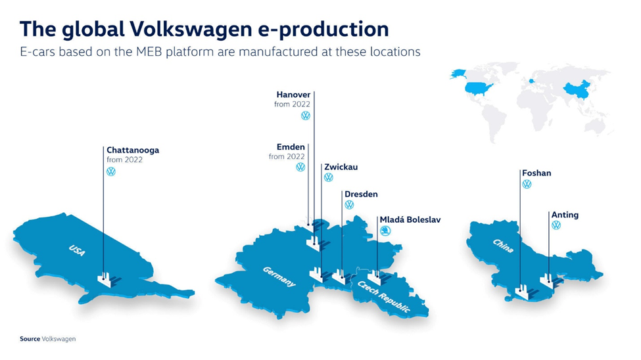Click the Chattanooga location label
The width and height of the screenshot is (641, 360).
tap(133, 150)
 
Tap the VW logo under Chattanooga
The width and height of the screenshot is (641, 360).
tap(111, 171)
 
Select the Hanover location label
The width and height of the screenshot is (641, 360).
tap(293, 95)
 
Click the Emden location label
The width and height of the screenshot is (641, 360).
tap(291, 146)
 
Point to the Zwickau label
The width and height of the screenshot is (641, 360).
tap(341, 167)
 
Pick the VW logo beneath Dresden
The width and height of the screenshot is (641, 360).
tap(349, 205)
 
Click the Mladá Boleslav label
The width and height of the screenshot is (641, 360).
tap(410, 219)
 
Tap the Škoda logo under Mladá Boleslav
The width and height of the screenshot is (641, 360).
tap(385, 231)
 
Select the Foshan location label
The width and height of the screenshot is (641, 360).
tap(536, 173)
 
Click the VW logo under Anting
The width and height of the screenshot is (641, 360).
tap(556, 225)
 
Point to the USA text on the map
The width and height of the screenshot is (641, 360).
tap(77, 250)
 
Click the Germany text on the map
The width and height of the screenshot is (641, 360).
tap(279, 277)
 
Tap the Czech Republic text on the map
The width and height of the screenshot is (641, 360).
tap(384, 297)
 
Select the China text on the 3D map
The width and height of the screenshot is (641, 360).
tap(503, 246)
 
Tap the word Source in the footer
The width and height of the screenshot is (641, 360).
tap(30, 339)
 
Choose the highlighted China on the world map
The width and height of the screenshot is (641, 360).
tap(577, 90)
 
